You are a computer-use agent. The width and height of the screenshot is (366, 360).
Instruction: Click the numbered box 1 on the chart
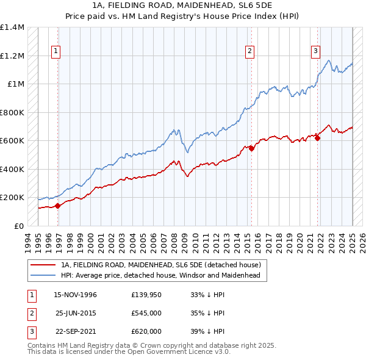[56, 52]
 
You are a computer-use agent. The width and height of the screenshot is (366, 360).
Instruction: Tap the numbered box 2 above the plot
[250, 52]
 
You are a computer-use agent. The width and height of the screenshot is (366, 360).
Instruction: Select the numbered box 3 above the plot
[316, 52]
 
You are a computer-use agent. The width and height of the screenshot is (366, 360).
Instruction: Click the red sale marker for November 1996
[58, 206]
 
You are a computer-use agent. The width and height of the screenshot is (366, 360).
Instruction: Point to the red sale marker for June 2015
[251, 148]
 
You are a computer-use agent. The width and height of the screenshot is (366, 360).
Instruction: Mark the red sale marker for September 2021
[317, 138]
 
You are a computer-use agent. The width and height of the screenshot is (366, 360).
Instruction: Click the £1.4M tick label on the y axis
[12, 27]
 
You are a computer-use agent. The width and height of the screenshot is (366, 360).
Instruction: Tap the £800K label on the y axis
[12, 112]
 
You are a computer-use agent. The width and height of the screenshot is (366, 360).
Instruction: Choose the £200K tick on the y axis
[12, 198]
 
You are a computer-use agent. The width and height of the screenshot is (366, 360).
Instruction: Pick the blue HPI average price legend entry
[160, 275]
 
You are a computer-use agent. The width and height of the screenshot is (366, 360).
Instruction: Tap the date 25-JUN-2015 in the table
[75, 313]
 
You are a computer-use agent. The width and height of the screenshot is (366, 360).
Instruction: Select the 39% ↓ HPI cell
[207, 331]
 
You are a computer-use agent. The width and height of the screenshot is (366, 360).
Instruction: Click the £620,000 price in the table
[146, 331]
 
